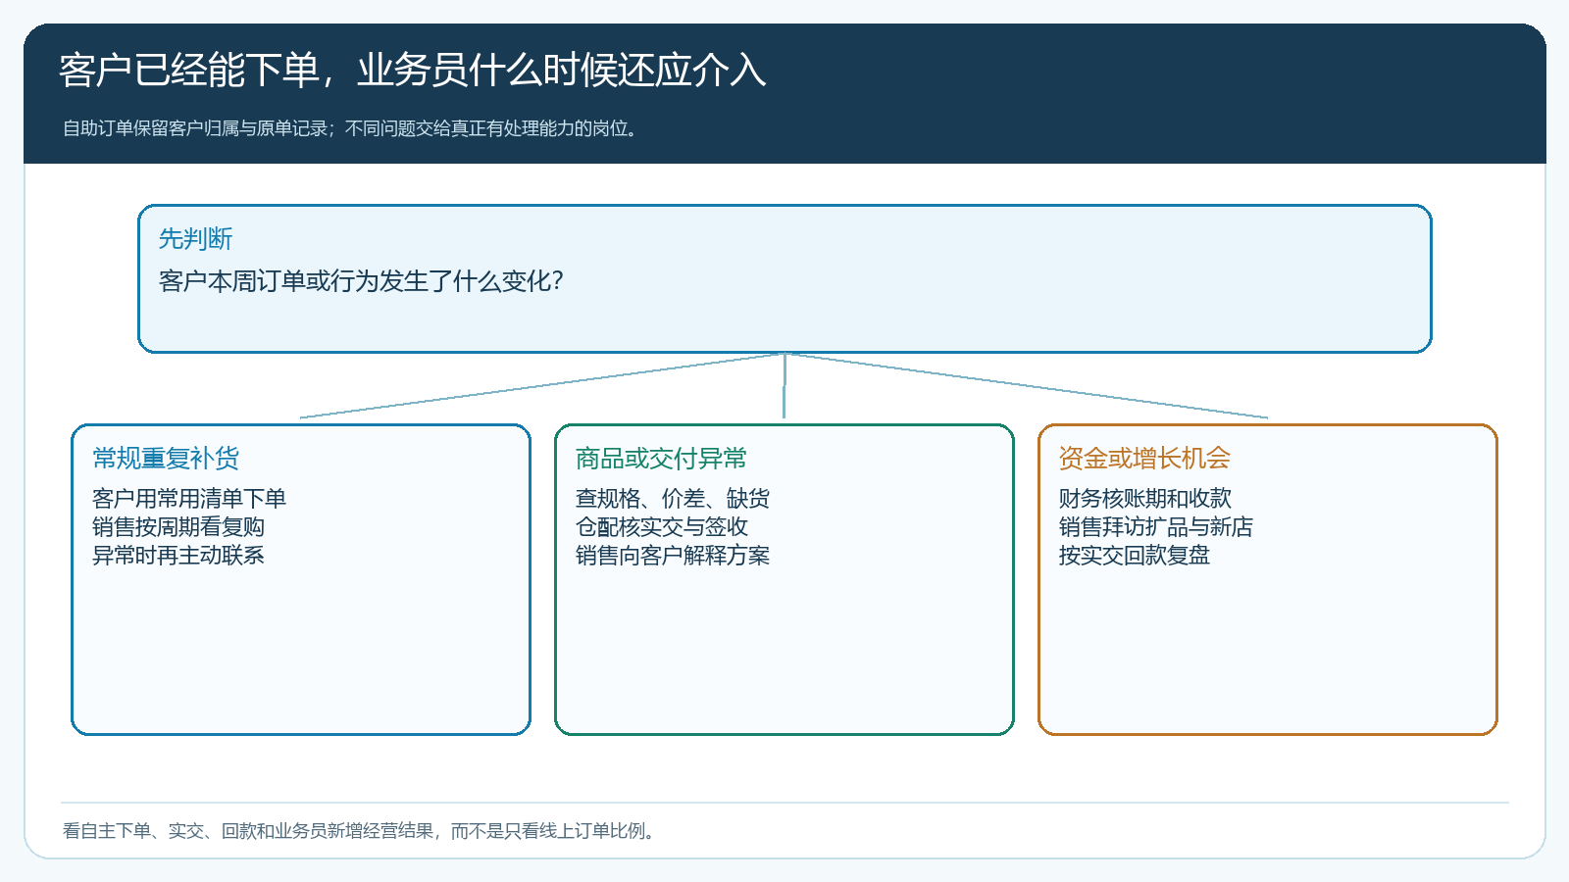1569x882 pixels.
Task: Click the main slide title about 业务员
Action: click(x=413, y=71)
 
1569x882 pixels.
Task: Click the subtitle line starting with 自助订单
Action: click(x=350, y=128)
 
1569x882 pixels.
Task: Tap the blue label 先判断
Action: click(x=195, y=239)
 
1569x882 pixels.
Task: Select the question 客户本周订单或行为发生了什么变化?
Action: click(x=362, y=281)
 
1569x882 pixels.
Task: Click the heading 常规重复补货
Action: click(x=166, y=459)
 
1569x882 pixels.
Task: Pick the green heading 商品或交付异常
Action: click(x=661, y=459)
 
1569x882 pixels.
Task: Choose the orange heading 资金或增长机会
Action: click(x=1144, y=459)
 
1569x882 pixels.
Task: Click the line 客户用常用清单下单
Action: click(x=189, y=499)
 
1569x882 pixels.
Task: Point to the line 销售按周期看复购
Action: click(x=177, y=527)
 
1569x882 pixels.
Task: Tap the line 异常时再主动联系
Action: click(x=177, y=556)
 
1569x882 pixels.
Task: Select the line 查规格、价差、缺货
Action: click(x=673, y=499)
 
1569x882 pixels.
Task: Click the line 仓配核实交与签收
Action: click(x=661, y=527)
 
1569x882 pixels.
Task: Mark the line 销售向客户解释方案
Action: click(x=673, y=556)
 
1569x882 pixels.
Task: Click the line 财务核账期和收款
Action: click(x=1144, y=499)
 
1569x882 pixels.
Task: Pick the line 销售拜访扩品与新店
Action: click(x=1156, y=527)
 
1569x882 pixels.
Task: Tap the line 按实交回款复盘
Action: click(x=1134, y=556)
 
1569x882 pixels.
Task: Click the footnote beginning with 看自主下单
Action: click(x=360, y=831)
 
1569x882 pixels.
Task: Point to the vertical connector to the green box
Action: click(x=784, y=386)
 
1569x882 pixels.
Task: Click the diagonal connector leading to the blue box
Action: click(x=542, y=386)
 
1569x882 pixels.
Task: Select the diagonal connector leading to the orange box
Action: click(x=1026, y=386)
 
